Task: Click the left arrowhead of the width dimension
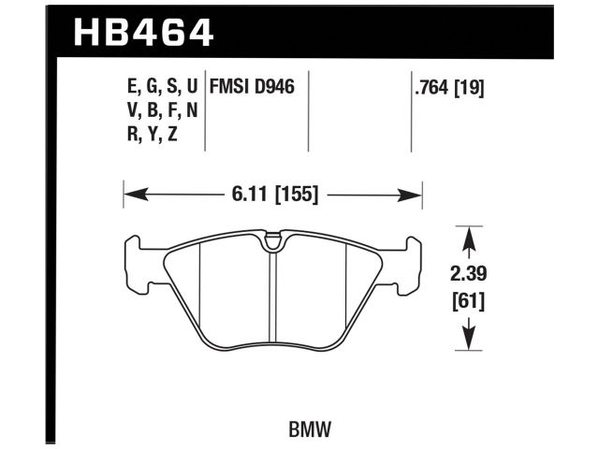[x=132, y=196]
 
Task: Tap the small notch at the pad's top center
[x=272, y=244]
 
